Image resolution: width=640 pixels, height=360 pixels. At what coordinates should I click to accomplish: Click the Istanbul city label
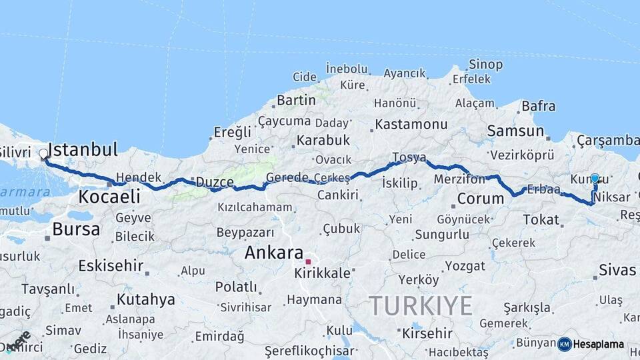click(83, 149)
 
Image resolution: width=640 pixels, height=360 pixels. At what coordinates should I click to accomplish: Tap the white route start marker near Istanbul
click(44, 154)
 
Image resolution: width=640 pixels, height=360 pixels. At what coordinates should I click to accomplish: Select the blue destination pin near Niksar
click(595, 179)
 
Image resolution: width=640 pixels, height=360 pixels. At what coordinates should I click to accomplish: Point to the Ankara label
click(274, 253)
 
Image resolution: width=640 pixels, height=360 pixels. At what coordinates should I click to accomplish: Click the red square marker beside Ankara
click(308, 261)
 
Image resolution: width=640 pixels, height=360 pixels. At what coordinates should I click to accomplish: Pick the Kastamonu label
click(411, 124)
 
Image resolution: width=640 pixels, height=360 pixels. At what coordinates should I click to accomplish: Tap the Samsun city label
click(515, 131)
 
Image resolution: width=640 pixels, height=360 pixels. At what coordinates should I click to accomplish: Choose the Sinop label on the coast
click(485, 64)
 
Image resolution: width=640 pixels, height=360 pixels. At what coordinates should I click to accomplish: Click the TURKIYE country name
click(421, 305)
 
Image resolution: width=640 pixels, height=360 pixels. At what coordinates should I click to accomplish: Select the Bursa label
click(76, 229)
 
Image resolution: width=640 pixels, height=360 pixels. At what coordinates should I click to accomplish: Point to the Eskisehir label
click(111, 265)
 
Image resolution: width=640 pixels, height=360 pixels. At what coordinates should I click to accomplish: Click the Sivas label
click(617, 269)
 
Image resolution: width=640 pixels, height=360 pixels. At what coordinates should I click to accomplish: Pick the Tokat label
click(541, 219)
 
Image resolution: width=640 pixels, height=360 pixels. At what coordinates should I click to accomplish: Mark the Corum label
click(481, 199)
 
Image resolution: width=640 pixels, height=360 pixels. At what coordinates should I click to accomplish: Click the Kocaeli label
click(109, 196)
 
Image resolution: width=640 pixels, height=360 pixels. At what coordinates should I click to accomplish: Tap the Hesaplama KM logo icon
click(565, 344)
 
